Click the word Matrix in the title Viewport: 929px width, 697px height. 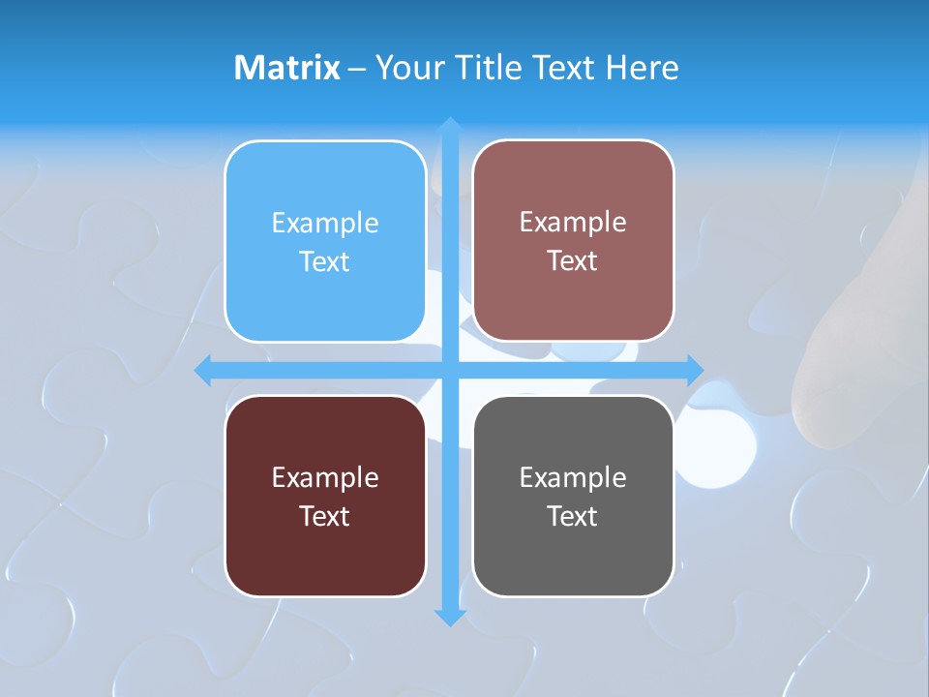(x=286, y=67)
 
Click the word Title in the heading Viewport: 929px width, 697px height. (x=492, y=67)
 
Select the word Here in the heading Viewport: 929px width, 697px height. (x=642, y=67)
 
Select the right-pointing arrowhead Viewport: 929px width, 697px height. (x=694, y=370)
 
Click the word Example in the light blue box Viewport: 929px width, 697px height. (x=325, y=224)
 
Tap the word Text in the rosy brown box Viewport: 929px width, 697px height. (x=573, y=261)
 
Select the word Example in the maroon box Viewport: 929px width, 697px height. (x=325, y=477)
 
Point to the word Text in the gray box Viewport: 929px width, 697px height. (x=573, y=516)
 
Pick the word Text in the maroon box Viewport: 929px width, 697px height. (x=325, y=516)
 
